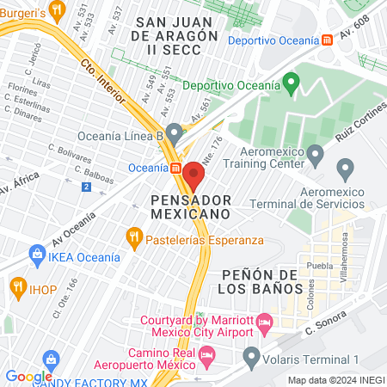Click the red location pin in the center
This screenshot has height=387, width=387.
(193, 175)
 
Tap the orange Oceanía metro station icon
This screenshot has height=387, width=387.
(175, 168)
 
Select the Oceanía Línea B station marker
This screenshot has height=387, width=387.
(175, 134)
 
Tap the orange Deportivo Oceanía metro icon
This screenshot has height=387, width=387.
(326, 40)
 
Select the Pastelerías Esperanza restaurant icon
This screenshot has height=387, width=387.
(133, 236)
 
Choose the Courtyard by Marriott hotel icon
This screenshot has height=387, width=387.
(264, 322)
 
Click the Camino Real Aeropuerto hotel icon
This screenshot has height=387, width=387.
(206, 354)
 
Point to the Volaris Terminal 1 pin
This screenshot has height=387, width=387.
(252, 355)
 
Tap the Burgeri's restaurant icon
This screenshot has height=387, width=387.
(58, 10)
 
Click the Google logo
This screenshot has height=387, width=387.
(28, 376)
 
